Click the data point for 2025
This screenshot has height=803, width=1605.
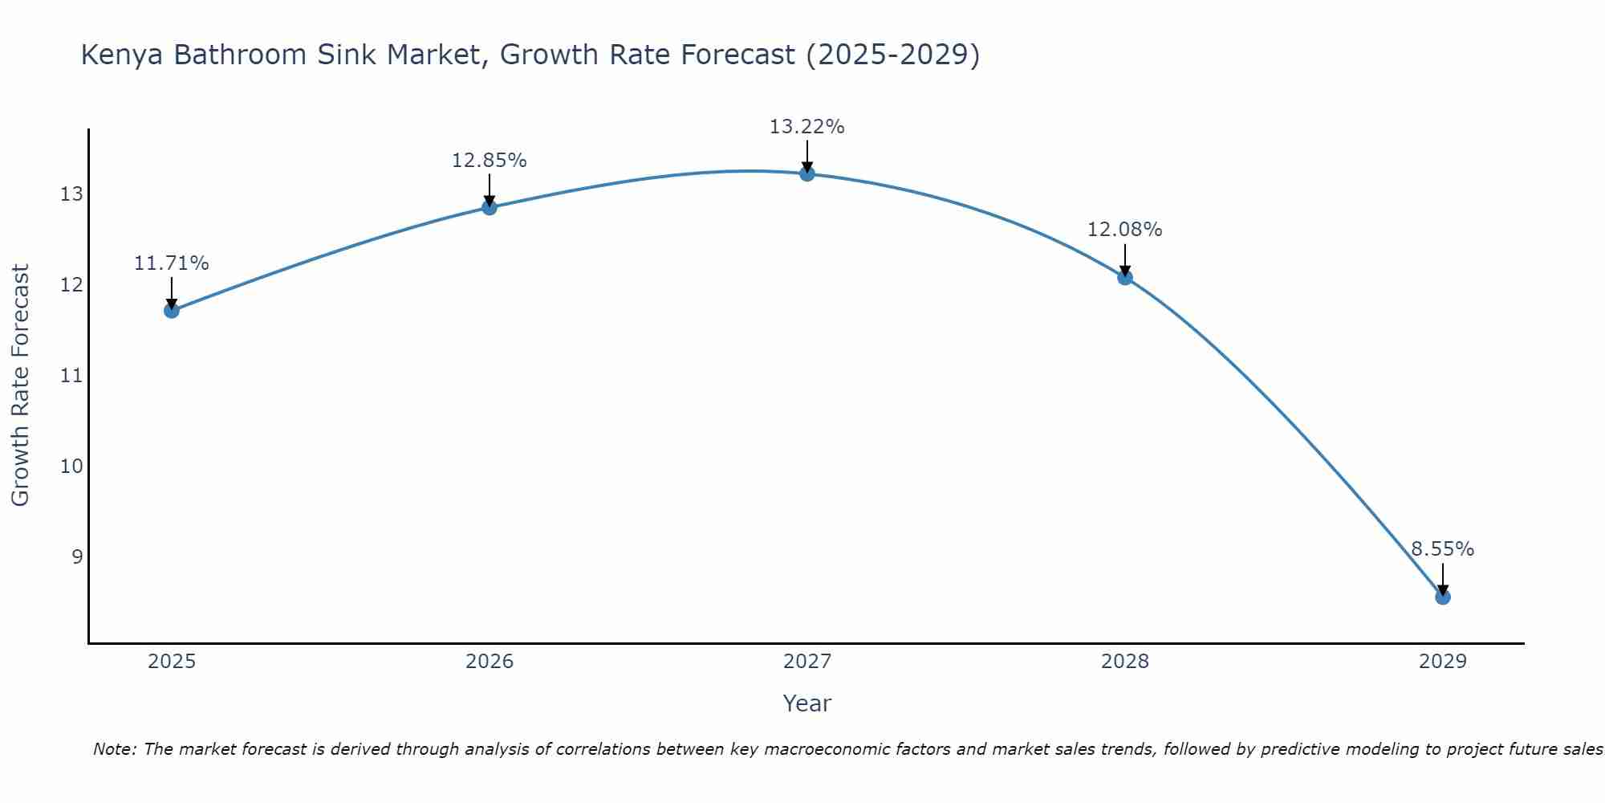[x=171, y=310]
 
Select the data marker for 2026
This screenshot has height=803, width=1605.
[x=489, y=207]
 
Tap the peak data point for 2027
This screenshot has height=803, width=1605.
[x=807, y=173]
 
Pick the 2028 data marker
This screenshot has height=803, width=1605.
[x=1124, y=277]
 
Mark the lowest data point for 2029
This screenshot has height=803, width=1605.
[x=1442, y=597]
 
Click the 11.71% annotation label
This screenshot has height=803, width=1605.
[x=171, y=263]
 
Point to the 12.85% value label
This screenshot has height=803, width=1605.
[x=489, y=161]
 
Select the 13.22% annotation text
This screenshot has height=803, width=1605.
[x=807, y=127]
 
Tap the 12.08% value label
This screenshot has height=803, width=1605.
[x=1124, y=230]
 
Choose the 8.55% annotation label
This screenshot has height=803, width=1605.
[x=1442, y=549]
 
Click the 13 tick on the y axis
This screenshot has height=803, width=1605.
[x=71, y=194]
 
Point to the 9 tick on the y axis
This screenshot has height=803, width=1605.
[x=77, y=556]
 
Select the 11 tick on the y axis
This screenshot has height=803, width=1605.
[x=71, y=376]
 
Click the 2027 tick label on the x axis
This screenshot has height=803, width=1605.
[x=807, y=662]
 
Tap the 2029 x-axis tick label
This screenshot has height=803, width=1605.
[x=1442, y=662]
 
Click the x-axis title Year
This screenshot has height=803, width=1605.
[x=807, y=703]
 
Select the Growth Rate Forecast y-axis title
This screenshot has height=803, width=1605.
[x=20, y=385]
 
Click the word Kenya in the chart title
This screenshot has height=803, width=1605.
[x=123, y=55]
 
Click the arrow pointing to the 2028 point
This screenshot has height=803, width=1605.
[x=1124, y=259]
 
